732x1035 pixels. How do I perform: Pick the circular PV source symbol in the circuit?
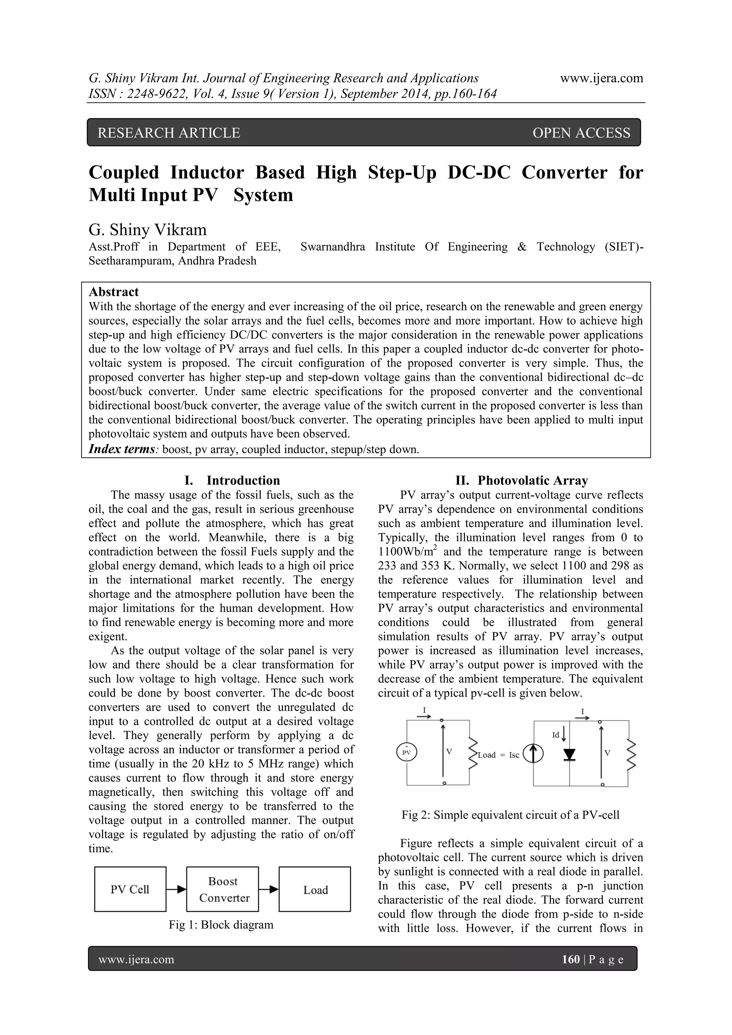pos(406,752)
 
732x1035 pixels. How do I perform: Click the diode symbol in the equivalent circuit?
pos(570,754)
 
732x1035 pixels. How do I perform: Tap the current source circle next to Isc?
pos(533,754)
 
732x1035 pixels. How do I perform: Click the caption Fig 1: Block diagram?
pos(221,925)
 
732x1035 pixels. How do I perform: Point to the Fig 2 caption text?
pos(510,815)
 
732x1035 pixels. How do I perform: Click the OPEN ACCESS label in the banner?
pos(581,133)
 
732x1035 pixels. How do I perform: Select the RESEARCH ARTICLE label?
pos(169,133)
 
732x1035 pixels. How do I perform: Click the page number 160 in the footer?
pos(571,959)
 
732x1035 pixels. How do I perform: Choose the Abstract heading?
pos(114,292)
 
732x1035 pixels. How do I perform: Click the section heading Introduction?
pos(243,480)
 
